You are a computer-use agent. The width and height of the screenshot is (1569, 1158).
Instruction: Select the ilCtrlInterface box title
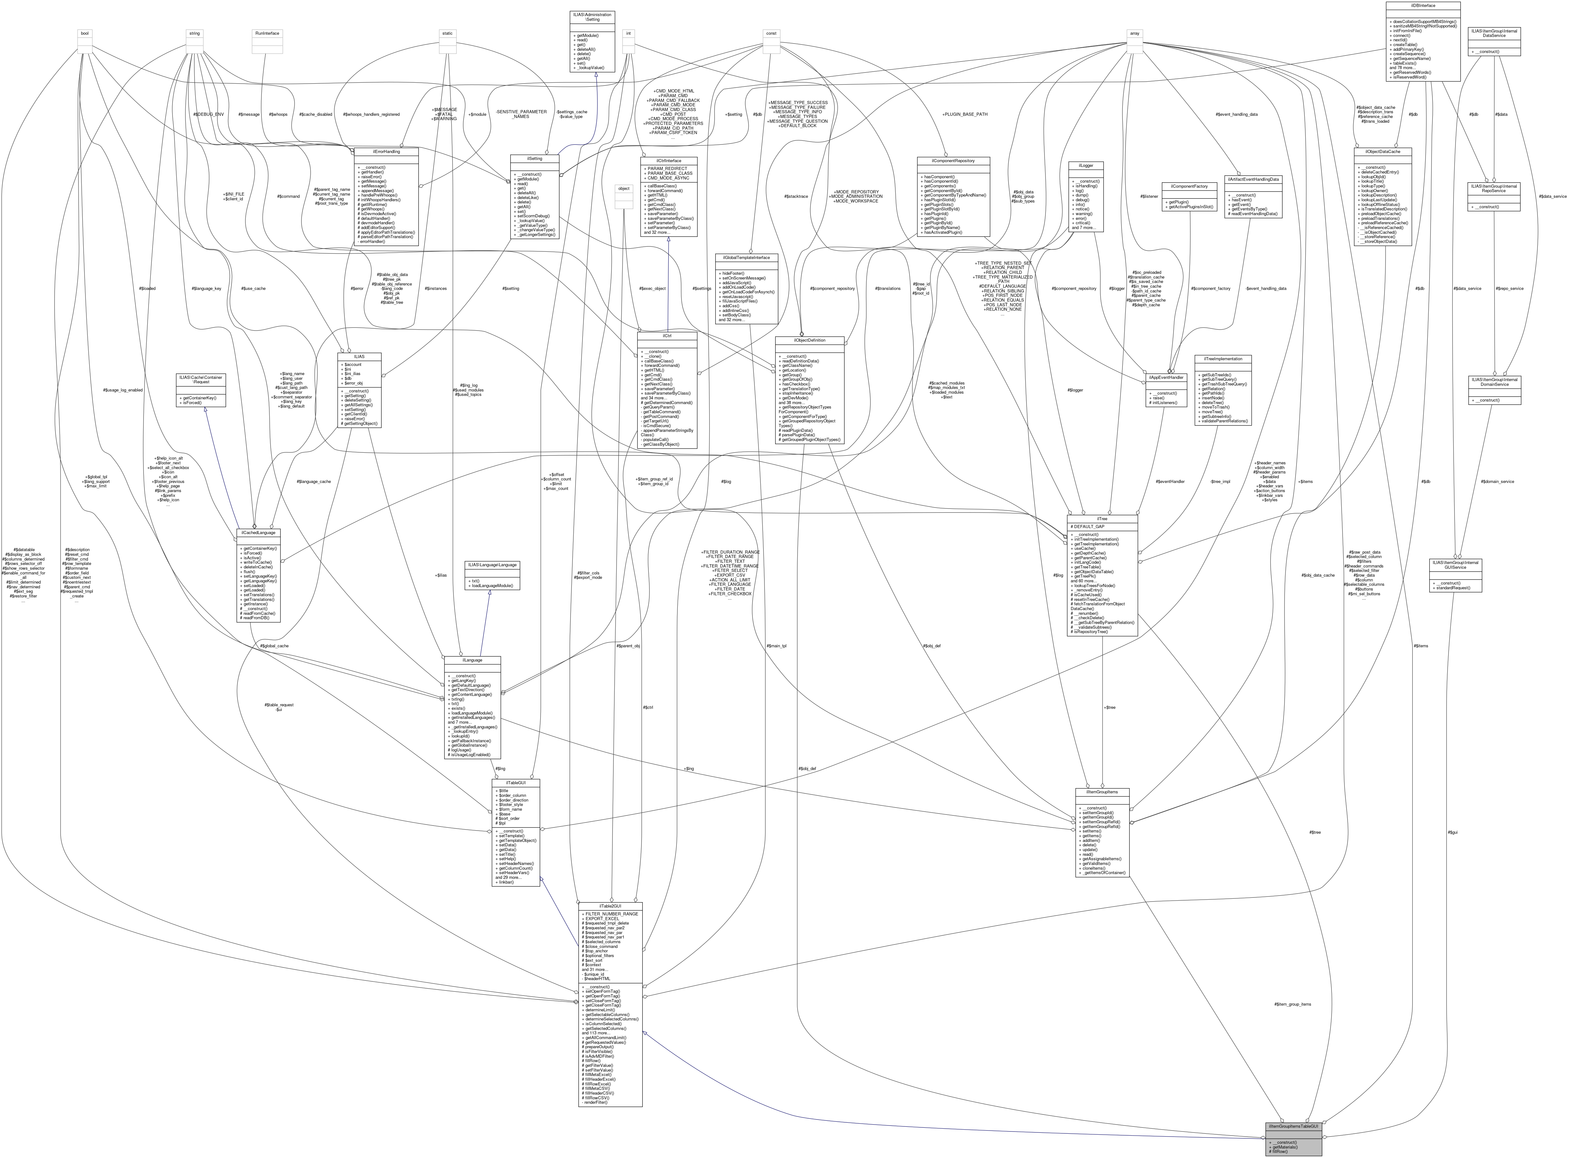669,161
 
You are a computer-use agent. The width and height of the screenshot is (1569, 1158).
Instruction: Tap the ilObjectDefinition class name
809,340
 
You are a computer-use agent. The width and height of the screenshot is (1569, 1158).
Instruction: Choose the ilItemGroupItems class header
1102,792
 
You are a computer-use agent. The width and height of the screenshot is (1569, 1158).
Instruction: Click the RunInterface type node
267,33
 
